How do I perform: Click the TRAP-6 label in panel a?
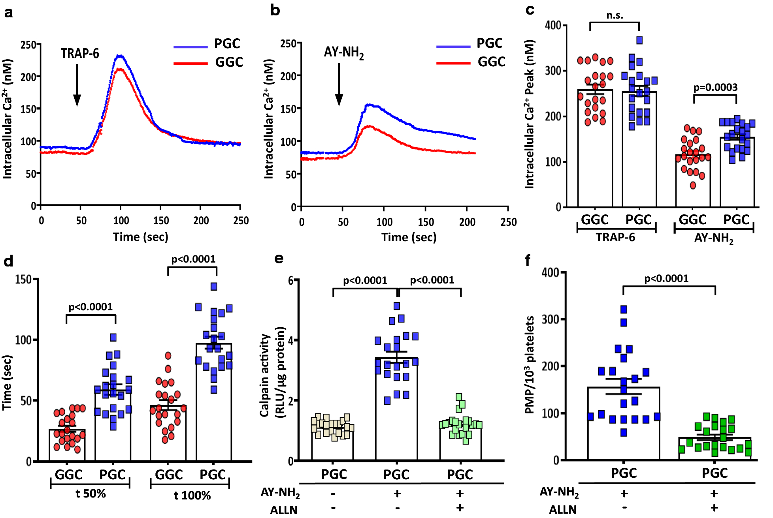[x=80, y=53]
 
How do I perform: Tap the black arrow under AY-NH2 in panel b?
[x=339, y=85]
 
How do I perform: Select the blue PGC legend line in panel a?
[x=190, y=47]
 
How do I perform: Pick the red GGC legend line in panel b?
[x=453, y=63]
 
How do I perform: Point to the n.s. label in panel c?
[x=615, y=15]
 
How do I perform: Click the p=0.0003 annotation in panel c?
[x=715, y=87]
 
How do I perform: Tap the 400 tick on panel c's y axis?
[x=553, y=26]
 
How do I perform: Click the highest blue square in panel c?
[x=639, y=40]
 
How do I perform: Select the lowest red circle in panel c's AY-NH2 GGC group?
[x=693, y=185]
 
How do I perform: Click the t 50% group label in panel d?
[x=90, y=494]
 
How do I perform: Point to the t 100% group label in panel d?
[x=192, y=495]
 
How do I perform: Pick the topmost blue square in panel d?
[x=214, y=287]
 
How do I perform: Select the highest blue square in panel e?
[x=397, y=306]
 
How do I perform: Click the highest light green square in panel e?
[x=459, y=397]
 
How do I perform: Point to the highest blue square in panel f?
[x=624, y=309]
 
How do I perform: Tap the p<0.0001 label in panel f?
[x=666, y=278]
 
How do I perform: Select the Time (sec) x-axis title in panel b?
[x=409, y=237]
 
